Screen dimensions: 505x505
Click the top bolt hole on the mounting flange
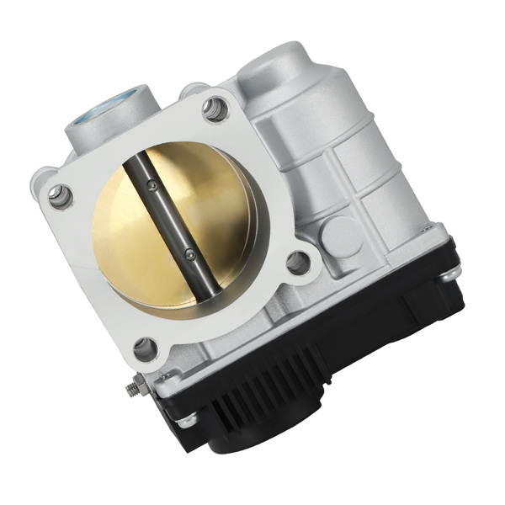point(215,107)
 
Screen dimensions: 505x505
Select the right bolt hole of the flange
point(298,263)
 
